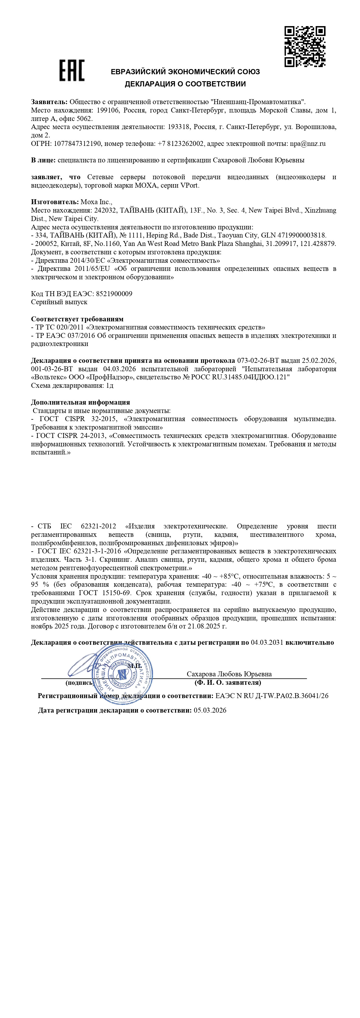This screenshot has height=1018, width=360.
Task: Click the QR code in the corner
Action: [x=305, y=46]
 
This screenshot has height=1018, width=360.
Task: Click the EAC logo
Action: [x=72, y=71]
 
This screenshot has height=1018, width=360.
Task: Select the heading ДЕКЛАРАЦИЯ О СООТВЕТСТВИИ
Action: [x=185, y=84]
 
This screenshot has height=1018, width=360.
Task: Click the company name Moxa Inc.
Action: [x=96, y=202]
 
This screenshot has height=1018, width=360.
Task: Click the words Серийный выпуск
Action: [x=59, y=302]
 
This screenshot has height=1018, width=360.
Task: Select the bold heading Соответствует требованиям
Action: [x=77, y=319]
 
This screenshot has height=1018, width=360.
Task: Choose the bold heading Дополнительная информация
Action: [x=81, y=402]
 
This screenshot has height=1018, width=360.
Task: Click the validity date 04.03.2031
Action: [x=267, y=642]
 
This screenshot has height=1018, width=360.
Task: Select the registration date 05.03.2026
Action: [x=210, y=710]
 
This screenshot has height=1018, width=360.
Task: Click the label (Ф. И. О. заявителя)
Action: [x=228, y=682]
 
